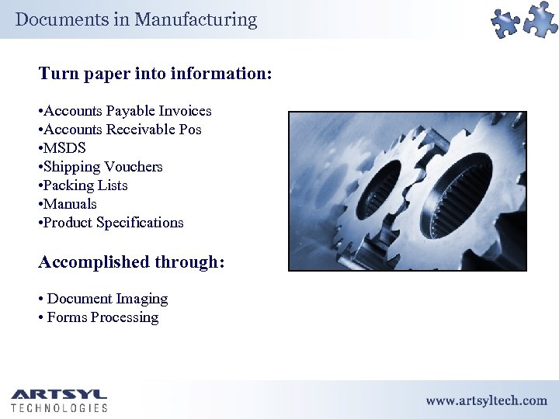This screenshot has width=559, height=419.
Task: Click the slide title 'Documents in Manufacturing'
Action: click(x=136, y=19)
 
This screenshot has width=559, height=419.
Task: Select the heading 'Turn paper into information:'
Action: click(x=155, y=74)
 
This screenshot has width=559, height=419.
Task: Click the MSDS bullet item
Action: click(x=64, y=148)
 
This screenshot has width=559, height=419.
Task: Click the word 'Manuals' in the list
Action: click(x=70, y=204)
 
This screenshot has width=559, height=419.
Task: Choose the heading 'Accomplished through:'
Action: click(x=131, y=262)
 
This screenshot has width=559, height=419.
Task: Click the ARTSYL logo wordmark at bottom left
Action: click(x=59, y=394)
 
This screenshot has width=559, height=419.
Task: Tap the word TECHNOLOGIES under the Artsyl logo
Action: click(x=59, y=407)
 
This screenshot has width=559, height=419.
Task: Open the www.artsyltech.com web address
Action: click(x=486, y=400)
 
